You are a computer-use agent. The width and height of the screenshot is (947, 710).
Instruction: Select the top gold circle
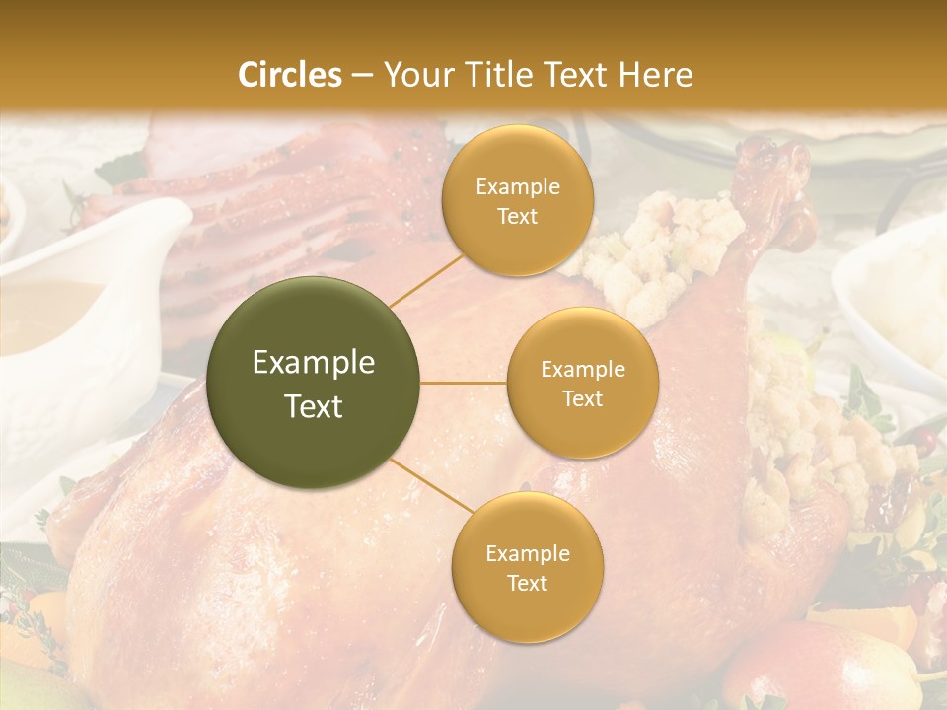[517, 200]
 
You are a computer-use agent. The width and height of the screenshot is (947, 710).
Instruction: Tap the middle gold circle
[582, 383]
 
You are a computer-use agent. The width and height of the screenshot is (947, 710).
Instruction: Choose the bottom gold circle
[527, 567]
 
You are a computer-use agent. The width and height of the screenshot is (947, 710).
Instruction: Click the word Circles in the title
[290, 75]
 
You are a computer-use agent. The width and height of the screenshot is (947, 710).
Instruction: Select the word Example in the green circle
[314, 363]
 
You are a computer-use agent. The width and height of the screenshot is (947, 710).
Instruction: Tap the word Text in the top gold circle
[517, 216]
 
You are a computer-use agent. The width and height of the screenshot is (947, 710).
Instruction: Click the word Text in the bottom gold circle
[527, 583]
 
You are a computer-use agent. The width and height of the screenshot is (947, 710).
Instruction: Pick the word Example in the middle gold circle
[582, 369]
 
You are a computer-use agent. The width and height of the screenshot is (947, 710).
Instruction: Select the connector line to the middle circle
[464, 383]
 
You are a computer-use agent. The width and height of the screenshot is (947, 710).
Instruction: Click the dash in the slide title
[362, 75]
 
